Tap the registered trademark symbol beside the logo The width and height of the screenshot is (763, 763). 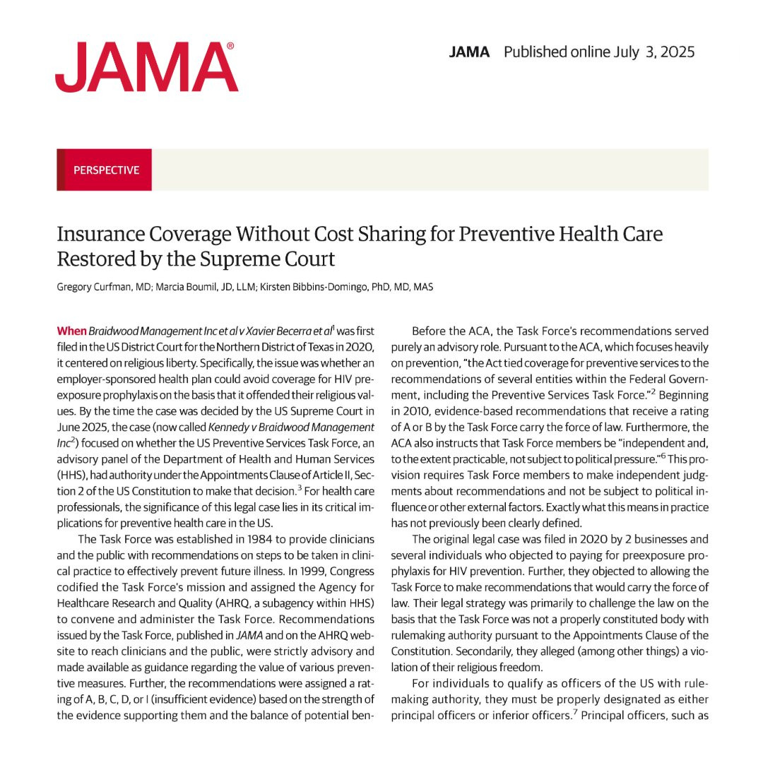click(230, 46)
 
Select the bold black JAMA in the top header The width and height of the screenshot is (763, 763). click(469, 52)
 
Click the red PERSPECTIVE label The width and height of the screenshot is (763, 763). click(106, 170)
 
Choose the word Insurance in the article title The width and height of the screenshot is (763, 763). click(106, 234)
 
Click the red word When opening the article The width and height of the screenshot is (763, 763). click(71, 331)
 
